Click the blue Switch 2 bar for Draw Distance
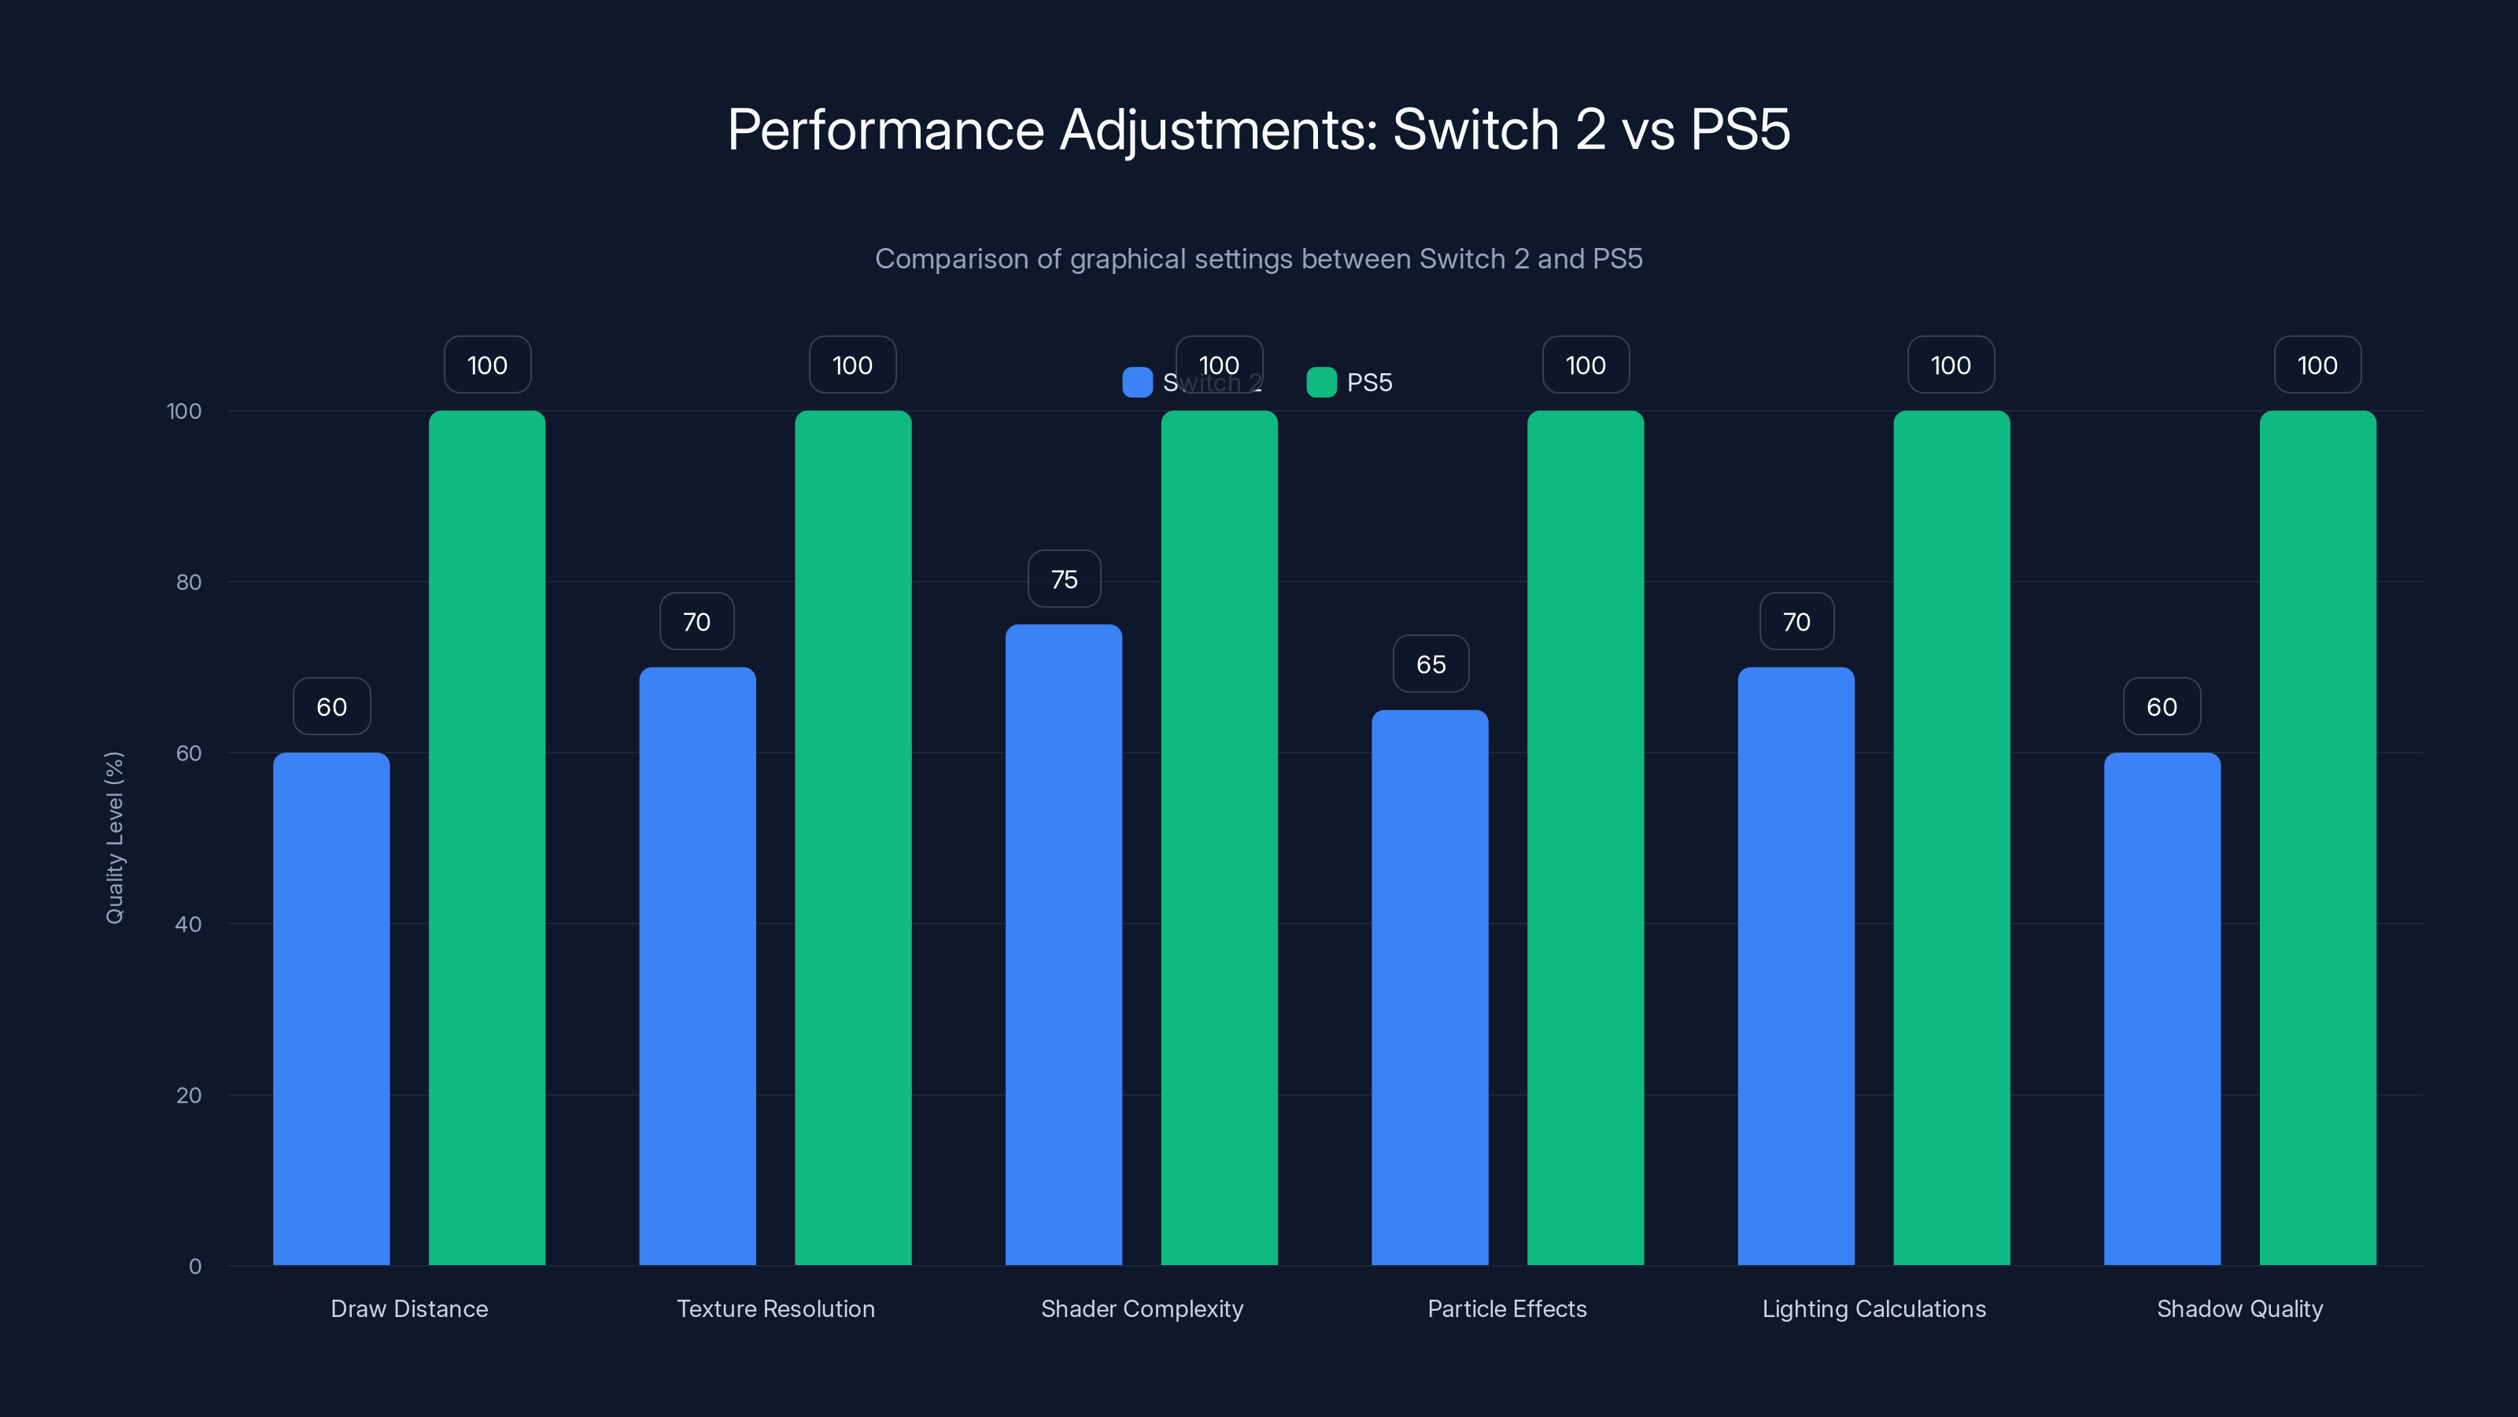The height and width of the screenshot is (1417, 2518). (x=331, y=1008)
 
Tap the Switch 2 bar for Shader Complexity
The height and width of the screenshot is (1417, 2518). (x=1064, y=944)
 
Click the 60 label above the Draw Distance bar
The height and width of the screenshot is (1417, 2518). (x=331, y=706)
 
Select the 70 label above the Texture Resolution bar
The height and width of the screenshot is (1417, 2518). (x=696, y=621)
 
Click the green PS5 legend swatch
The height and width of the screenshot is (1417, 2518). (x=1320, y=383)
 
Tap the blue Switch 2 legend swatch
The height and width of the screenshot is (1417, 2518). (x=1137, y=383)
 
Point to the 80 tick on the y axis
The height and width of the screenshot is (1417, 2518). (x=189, y=582)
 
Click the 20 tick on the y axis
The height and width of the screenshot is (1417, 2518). (x=189, y=1094)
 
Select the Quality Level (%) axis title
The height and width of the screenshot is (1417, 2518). (x=114, y=837)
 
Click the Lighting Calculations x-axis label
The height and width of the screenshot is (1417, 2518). (x=1873, y=1308)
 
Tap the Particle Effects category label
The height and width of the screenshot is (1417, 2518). (x=1506, y=1308)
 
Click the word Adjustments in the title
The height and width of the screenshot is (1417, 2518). (x=1218, y=130)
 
